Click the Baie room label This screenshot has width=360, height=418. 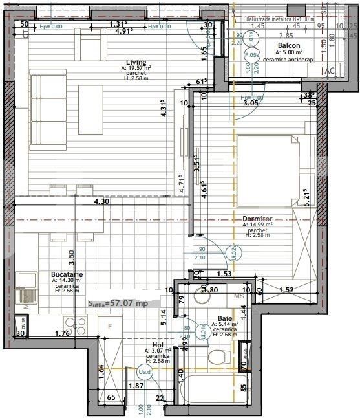226,318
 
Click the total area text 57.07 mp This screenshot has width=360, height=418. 118,302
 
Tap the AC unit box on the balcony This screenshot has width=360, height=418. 328,71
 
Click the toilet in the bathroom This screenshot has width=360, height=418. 218,355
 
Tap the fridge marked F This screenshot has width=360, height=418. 110,325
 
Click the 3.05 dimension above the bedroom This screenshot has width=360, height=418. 251,102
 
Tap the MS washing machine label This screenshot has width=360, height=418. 238,296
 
